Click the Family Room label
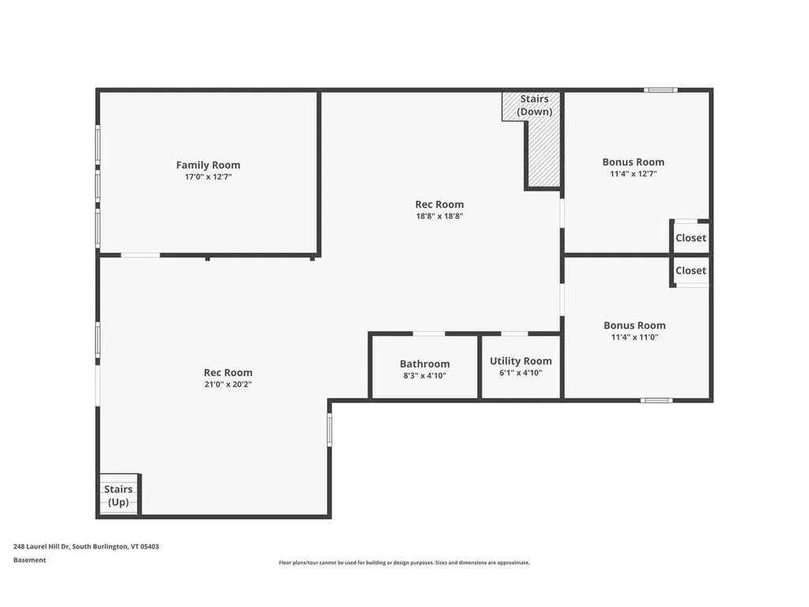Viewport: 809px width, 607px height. pyautogui.click(x=208, y=165)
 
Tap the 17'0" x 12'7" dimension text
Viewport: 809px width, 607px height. pyautogui.click(x=208, y=177)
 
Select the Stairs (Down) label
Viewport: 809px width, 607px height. pyautogui.click(x=534, y=105)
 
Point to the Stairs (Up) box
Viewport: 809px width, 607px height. pyautogui.click(x=119, y=496)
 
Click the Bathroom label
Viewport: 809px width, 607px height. pyautogui.click(x=424, y=364)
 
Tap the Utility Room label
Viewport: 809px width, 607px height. pyautogui.click(x=521, y=361)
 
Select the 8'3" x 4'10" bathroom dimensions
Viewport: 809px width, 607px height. pyautogui.click(x=424, y=375)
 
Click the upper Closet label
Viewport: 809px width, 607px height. pyautogui.click(x=690, y=238)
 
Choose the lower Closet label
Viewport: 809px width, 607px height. pyautogui.click(x=690, y=270)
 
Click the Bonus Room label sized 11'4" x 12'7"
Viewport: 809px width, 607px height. pyautogui.click(x=633, y=162)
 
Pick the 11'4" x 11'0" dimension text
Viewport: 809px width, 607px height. pyautogui.click(x=634, y=337)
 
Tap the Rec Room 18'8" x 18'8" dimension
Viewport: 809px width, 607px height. pyautogui.click(x=439, y=216)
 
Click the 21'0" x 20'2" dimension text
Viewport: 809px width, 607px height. pyautogui.click(x=228, y=384)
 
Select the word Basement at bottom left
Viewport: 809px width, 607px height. pyautogui.click(x=29, y=560)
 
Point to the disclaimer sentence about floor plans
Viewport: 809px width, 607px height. pyautogui.click(x=404, y=563)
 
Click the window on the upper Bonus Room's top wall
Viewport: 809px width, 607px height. pyautogui.click(x=660, y=90)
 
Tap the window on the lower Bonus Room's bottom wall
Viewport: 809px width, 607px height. pyautogui.click(x=657, y=400)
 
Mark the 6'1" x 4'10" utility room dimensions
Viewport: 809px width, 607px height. pyautogui.click(x=521, y=372)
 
